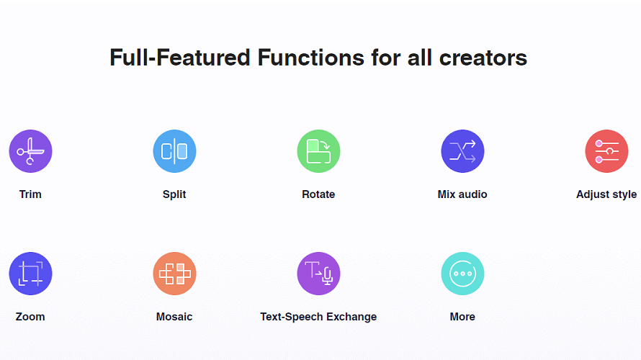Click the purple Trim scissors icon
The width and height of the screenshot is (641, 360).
(x=30, y=151)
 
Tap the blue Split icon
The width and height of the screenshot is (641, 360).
(x=174, y=151)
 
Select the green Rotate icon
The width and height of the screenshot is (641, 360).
(x=318, y=151)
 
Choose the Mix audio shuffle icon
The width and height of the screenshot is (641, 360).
(x=462, y=151)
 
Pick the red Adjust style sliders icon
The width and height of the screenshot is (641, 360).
(x=606, y=151)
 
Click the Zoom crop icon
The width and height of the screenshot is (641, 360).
(x=30, y=274)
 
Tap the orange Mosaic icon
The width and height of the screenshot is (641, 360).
(x=174, y=274)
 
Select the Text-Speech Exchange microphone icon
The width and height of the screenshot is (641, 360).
(x=318, y=274)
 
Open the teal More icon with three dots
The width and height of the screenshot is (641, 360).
(x=462, y=274)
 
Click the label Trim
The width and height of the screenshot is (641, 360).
(x=30, y=194)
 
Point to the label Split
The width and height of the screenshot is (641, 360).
(x=174, y=194)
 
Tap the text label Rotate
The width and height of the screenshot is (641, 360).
(x=318, y=194)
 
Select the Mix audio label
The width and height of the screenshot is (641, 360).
(x=462, y=194)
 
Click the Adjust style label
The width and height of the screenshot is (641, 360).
(x=606, y=194)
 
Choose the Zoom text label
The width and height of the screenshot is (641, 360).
(x=30, y=317)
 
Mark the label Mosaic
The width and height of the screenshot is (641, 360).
(x=174, y=317)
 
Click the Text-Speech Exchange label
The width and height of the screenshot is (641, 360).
(x=318, y=317)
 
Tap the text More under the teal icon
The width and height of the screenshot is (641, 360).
(x=462, y=317)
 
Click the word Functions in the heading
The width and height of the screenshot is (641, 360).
(x=311, y=58)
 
